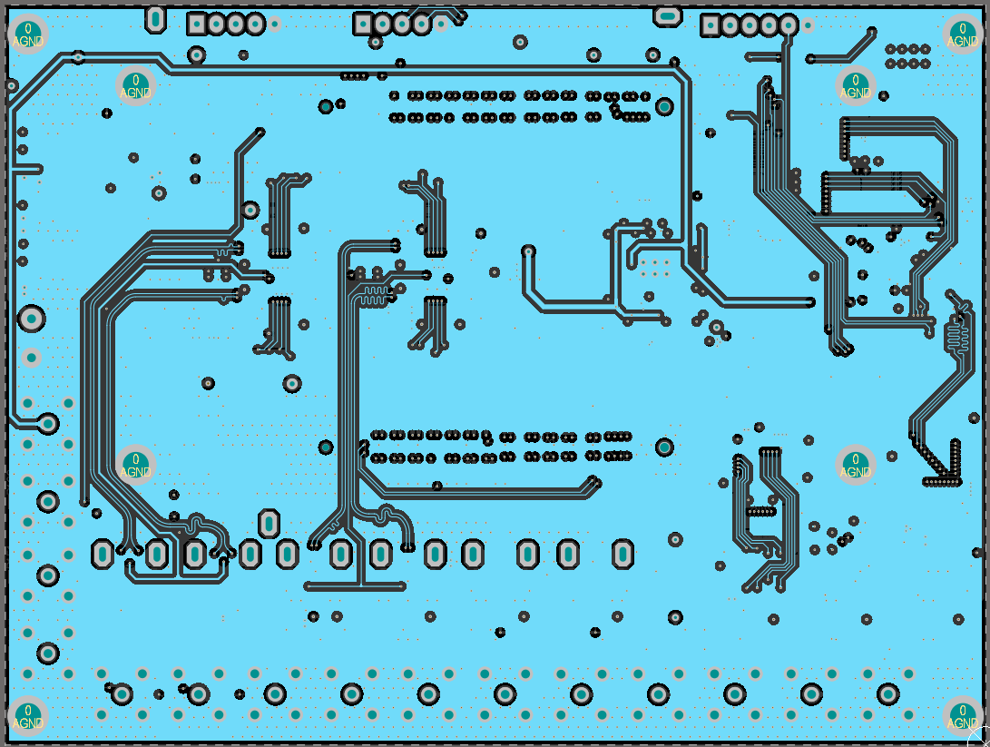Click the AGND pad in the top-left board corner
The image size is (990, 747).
(x=28, y=34)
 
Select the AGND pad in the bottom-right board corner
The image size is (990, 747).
(x=963, y=716)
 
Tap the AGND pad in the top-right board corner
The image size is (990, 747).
(x=963, y=34)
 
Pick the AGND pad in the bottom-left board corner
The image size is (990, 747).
(x=28, y=716)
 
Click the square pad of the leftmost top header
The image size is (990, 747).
(x=196, y=24)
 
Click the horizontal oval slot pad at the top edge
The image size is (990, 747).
(x=668, y=15)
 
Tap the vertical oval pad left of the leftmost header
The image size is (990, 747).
(x=155, y=17)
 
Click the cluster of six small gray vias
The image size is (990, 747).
(x=654, y=268)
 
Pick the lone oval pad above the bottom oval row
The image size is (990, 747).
(x=269, y=522)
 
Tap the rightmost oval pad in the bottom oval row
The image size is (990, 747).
(x=622, y=553)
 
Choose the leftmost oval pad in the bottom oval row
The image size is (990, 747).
(x=103, y=553)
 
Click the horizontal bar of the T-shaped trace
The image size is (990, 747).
(x=355, y=586)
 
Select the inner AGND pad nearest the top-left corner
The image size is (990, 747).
(x=136, y=86)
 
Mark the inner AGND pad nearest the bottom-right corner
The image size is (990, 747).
(x=855, y=466)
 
